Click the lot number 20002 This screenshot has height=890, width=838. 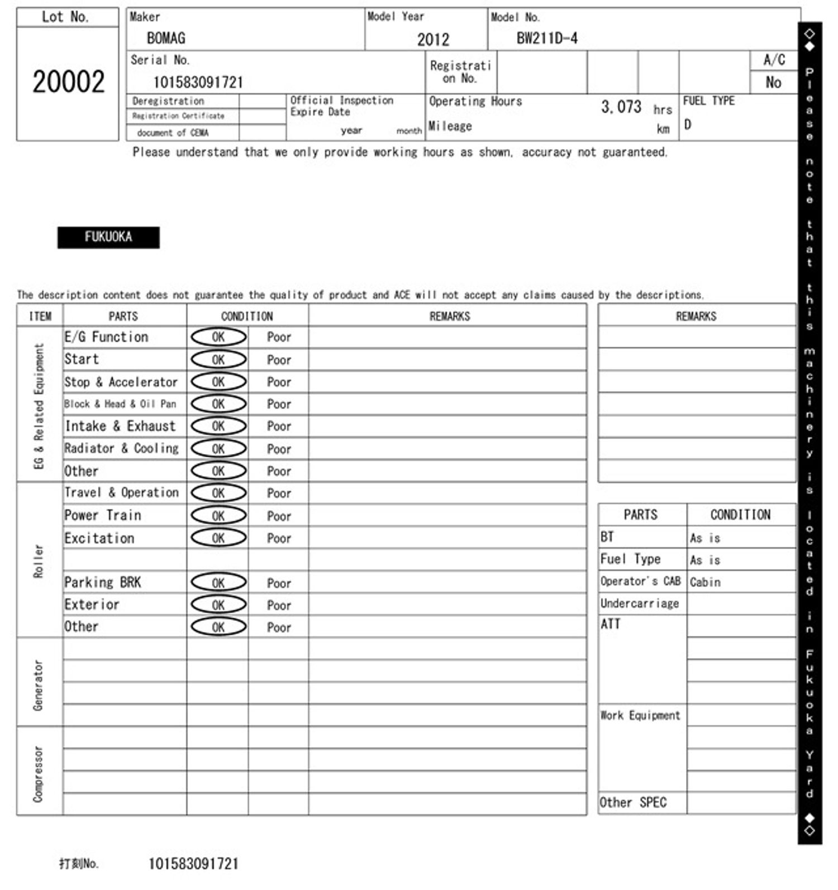(68, 82)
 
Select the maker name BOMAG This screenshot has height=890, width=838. (166, 38)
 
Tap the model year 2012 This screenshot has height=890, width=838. (433, 39)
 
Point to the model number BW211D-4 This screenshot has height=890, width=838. (546, 38)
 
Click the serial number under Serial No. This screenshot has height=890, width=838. (198, 83)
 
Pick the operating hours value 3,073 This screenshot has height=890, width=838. (621, 107)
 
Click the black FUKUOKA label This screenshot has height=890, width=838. (108, 237)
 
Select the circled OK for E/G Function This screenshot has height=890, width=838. (218, 337)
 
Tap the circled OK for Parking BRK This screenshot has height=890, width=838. (218, 582)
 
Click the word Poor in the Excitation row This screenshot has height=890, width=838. (279, 538)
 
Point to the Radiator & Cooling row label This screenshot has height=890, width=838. (121, 448)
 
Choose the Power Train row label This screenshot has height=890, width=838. (103, 515)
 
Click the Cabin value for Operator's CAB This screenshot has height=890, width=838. (705, 582)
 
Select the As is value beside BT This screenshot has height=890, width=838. (705, 538)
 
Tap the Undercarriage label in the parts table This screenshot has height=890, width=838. (640, 604)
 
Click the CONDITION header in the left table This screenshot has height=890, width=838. (247, 316)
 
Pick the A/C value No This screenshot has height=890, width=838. (773, 83)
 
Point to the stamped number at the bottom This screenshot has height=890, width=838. (193, 864)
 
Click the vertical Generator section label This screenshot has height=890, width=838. (38, 685)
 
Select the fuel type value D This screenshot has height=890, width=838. (688, 125)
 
